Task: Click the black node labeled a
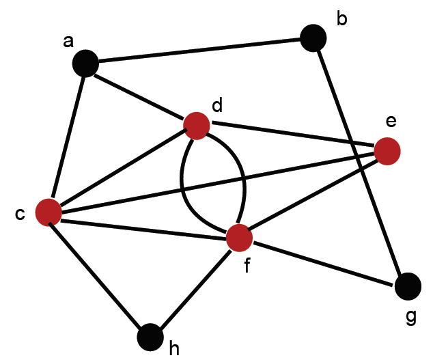click(x=85, y=64)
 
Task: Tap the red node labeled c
click(x=48, y=212)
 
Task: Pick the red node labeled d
click(x=197, y=124)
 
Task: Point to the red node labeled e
click(x=387, y=150)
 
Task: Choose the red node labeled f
click(x=240, y=237)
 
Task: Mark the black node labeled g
click(x=408, y=285)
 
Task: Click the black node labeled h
click(x=150, y=337)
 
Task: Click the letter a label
click(x=68, y=42)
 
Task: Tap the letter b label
click(x=341, y=18)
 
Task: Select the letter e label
click(x=391, y=122)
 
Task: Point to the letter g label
click(x=410, y=318)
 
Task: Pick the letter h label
click(x=174, y=349)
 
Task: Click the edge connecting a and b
click(x=198, y=51)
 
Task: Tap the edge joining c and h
click(x=99, y=275)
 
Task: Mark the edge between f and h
click(x=195, y=287)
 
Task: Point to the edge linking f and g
click(x=324, y=261)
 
